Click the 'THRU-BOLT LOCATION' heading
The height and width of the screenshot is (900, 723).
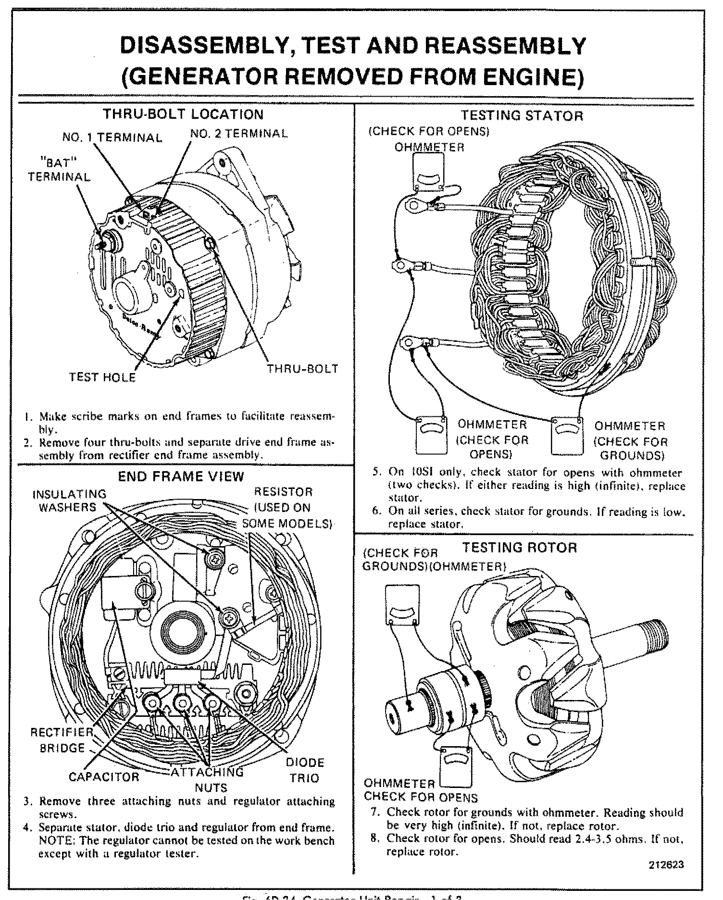tap(184, 114)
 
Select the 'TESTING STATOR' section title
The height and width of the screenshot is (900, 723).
tap(522, 116)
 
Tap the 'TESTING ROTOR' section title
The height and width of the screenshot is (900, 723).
tap(519, 548)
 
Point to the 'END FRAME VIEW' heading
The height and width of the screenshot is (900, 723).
tap(181, 476)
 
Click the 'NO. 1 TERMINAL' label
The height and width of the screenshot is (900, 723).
tap(112, 138)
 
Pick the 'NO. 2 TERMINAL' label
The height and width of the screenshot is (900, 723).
tap(239, 134)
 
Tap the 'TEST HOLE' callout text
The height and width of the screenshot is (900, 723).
tap(102, 377)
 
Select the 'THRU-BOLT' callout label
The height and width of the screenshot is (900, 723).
tap(303, 369)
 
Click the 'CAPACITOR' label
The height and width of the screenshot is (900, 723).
tap(104, 777)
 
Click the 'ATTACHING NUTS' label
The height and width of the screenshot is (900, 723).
tap(209, 780)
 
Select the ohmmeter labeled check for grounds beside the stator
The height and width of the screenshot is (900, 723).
tap(567, 435)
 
